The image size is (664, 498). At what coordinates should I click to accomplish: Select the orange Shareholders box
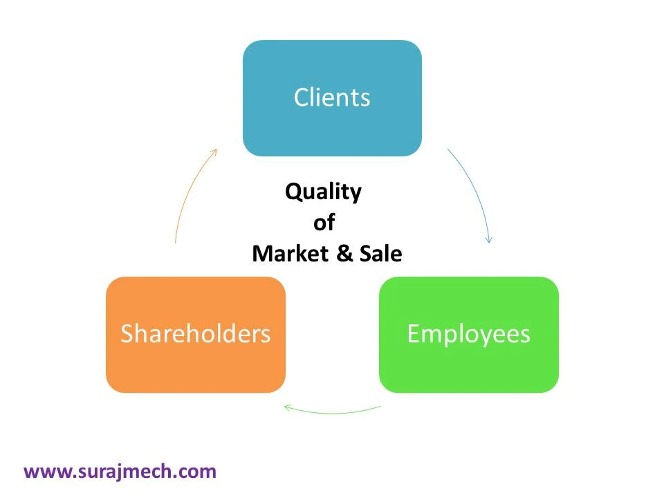pyautogui.click(x=195, y=367)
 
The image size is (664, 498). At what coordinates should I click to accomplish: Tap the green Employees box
pyautogui.click(x=468, y=367)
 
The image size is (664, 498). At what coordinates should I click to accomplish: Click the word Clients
pyautogui.click(x=332, y=98)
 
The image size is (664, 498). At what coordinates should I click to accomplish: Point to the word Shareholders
pyautogui.click(x=195, y=334)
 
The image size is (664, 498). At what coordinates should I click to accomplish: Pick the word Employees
pyautogui.click(x=468, y=334)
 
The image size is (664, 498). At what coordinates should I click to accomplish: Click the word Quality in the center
pyautogui.click(x=323, y=192)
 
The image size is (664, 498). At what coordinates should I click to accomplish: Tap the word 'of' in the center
pyautogui.click(x=324, y=223)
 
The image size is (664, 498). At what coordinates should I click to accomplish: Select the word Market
pyautogui.click(x=290, y=254)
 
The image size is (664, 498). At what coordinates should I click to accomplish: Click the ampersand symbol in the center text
pyautogui.click(x=344, y=254)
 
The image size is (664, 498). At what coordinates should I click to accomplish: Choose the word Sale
pyautogui.click(x=380, y=254)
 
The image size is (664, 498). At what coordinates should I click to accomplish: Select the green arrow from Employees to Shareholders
pyautogui.click(x=332, y=412)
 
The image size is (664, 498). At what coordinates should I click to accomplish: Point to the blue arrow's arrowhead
pyautogui.click(x=489, y=240)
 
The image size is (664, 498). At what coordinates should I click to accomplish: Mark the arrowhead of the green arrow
pyautogui.click(x=287, y=407)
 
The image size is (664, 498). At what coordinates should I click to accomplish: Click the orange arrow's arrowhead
pyautogui.click(x=215, y=151)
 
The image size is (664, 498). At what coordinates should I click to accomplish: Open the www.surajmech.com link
pyautogui.click(x=120, y=472)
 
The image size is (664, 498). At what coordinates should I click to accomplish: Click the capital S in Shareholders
pyautogui.click(x=127, y=334)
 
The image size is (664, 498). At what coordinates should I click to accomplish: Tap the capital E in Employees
pyautogui.click(x=412, y=334)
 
